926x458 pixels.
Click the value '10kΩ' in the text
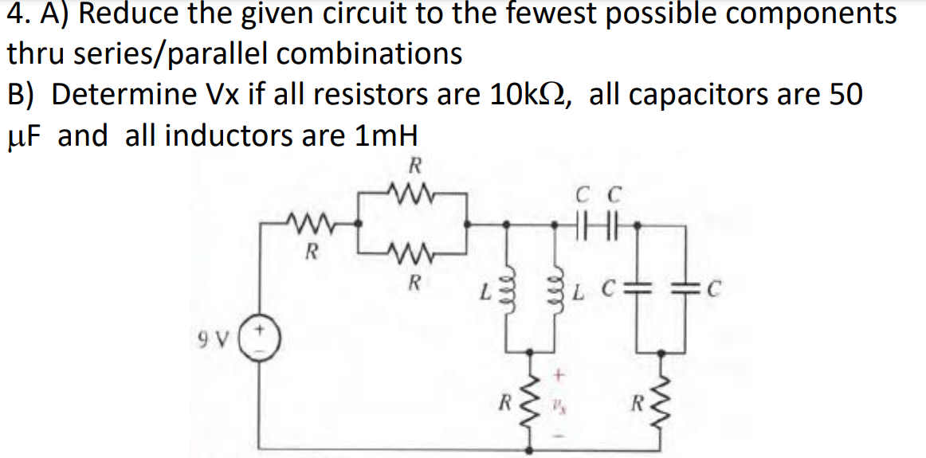[x=532, y=94]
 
